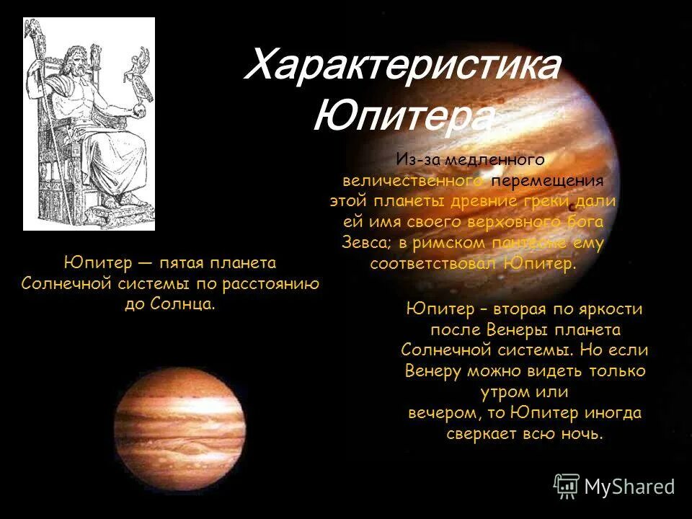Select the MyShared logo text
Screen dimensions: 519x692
coord(629,487)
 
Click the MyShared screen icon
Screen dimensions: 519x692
coord(567,487)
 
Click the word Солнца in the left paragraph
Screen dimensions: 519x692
coord(183,303)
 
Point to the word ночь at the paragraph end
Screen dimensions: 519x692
coord(580,435)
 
